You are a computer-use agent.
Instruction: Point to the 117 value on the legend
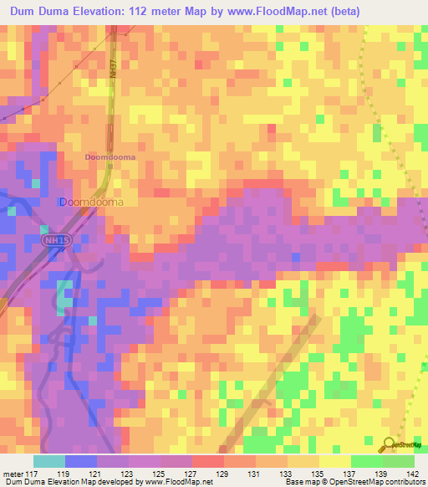pyautogui.click(x=33, y=473)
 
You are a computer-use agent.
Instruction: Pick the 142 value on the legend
pyautogui.click(x=413, y=473)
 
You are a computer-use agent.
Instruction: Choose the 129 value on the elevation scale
pyautogui.click(x=223, y=473)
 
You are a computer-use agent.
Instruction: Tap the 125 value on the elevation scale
pyautogui.click(x=160, y=473)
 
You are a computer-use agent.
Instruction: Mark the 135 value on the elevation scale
pyautogui.click(x=318, y=473)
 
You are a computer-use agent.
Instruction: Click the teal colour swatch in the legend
pyautogui.click(x=48, y=461)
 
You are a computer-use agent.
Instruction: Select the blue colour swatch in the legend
pyautogui.click(x=80, y=461)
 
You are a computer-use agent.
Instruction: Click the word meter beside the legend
pyautogui.click(x=13, y=473)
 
